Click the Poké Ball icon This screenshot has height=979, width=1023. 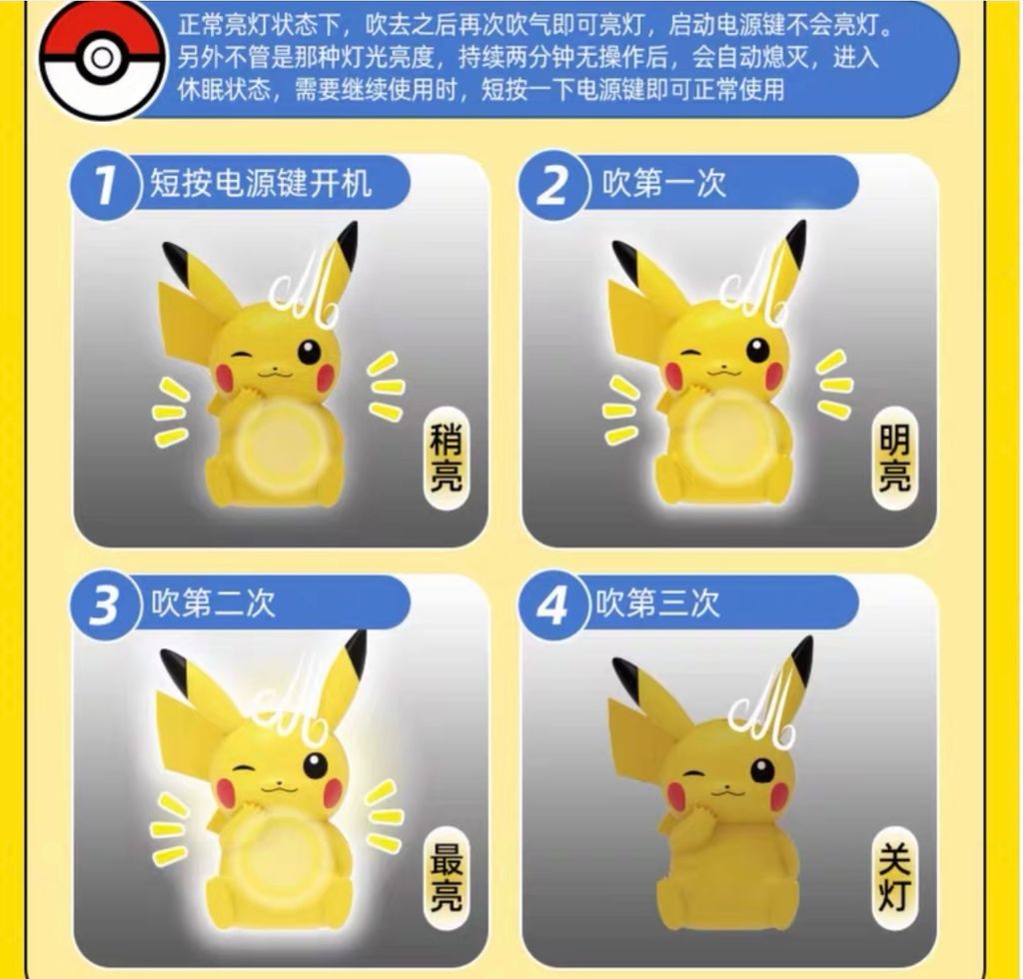tap(102, 59)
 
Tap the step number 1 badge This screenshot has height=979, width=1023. tap(104, 185)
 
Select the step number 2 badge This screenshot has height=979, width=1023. tap(553, 185)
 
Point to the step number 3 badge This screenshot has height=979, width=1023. tap(104, 604)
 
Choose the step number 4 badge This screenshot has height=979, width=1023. tap(553, 604)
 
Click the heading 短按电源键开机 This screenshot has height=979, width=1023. tap(261, 183)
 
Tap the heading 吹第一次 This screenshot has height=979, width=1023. tap(663, 183)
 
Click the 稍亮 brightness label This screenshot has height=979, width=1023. tap(446, 458)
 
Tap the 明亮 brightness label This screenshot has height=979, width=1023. tap(894, 458)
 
